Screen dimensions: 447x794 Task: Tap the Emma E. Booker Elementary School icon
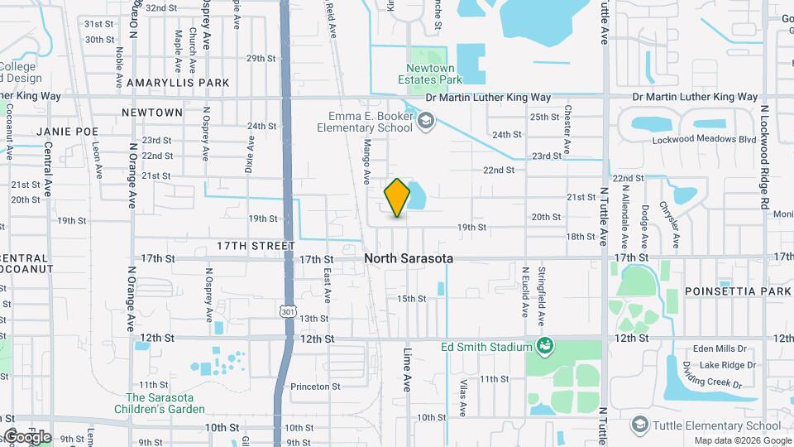[x=425, y=123]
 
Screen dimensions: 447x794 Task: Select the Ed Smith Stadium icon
[x=544, y=345]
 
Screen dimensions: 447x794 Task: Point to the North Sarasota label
[x=409, y=258]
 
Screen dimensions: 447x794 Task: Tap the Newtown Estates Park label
[x=434, y=73]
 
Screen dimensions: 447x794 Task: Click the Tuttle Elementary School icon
[x=639, y=425]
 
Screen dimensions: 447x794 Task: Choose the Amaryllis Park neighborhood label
[x=178, y=83]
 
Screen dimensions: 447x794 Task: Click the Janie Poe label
[x=67, y=132]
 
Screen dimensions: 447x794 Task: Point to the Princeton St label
[x=313, y=387]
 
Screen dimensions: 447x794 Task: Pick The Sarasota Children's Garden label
[x=165, y=403]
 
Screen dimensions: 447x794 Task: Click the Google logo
[x=27, y=436]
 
